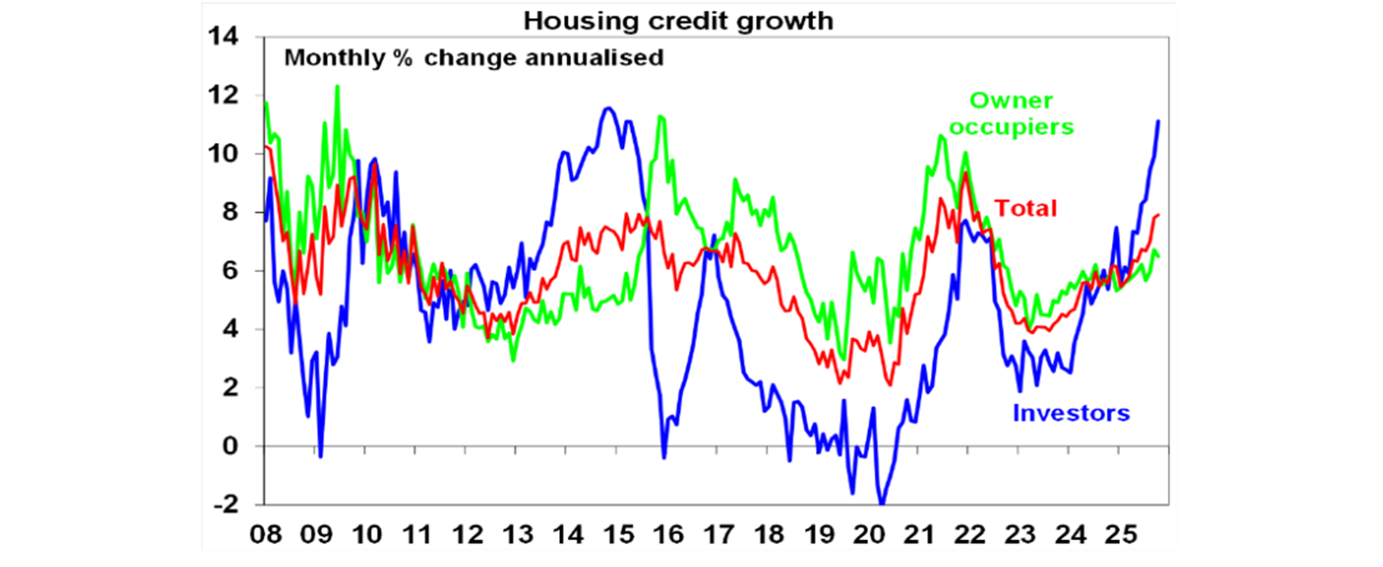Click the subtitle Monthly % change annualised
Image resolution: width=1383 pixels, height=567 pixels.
[475, 59]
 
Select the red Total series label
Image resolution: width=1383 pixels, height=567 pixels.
[1026, 209]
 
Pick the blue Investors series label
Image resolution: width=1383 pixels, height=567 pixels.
[1071, 414]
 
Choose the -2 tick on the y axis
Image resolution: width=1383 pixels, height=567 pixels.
[226, 506]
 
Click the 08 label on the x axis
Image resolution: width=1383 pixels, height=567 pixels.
[266, 533]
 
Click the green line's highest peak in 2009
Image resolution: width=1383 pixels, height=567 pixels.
[337, 86]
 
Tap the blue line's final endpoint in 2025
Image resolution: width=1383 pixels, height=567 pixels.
[1158, 121]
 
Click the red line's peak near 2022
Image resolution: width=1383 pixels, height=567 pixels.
[965, 173]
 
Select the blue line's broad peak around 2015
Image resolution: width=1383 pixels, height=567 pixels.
[609, 109]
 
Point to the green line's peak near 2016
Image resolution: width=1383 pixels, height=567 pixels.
[660, 116]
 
